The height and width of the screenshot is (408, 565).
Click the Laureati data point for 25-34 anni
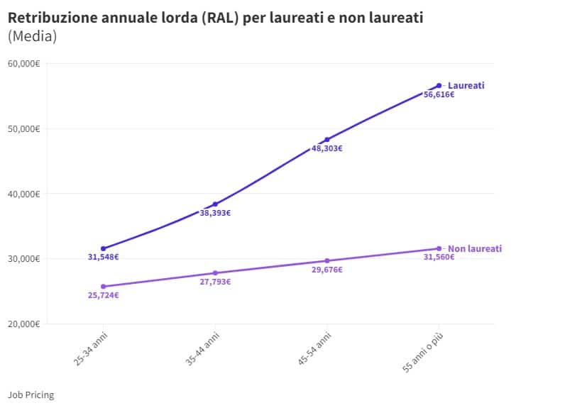[x=104, y=248]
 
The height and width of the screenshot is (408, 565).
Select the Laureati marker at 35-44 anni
[x=215, y=204]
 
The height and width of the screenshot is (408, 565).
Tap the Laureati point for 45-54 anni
[x=327, y=140]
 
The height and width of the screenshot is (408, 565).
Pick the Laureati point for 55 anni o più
[x=439, y=85]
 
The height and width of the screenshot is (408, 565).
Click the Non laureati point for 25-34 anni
[x=104, y=287]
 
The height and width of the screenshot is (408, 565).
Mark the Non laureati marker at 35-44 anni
[x=215, y=273]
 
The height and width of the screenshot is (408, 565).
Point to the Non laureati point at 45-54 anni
[x=327, y=261]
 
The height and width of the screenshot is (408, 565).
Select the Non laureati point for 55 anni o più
[x=439, y=248]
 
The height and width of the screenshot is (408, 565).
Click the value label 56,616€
[x=439, y=94]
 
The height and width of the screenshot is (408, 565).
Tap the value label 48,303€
[x=327, y=149]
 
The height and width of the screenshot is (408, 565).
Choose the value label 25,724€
[x=104, y=295]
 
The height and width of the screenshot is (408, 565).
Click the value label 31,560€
[x=439, y=257]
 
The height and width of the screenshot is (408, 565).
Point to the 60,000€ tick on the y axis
[x=23, y=64]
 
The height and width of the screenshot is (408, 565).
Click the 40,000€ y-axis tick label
[x=23, y=194]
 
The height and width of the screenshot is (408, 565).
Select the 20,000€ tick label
[x=23, y=324]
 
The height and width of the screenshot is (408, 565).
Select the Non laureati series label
[x=474, y=249]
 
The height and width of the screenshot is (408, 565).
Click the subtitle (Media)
[x=32, y=36]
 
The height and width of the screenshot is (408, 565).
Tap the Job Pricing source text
[x=31, y=395]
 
